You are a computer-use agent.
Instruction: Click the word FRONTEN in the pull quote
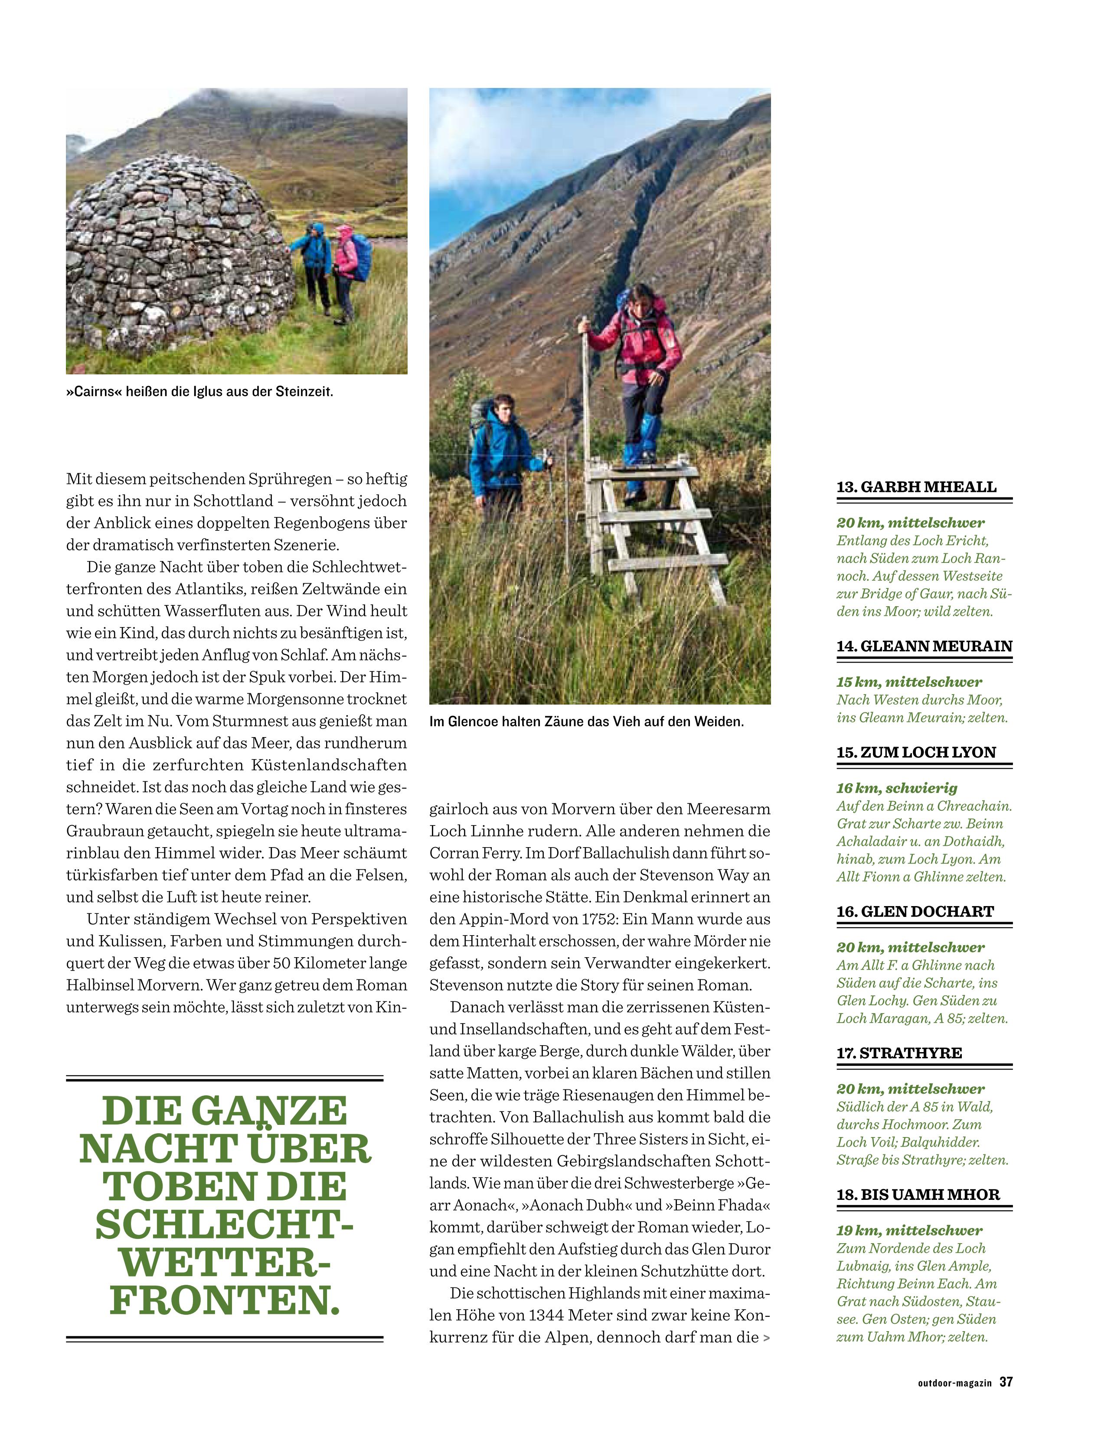click(x=225, y=1300)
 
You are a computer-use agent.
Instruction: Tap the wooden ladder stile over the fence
click(x=655, y=524)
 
